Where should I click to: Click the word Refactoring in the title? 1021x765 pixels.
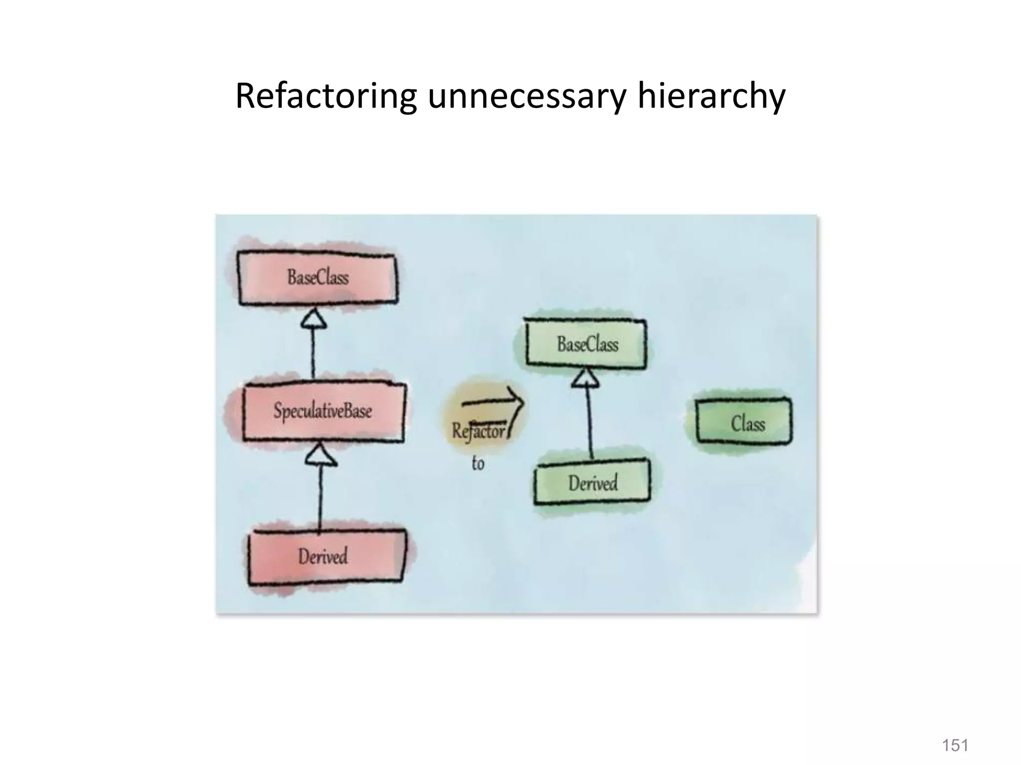[326, 96]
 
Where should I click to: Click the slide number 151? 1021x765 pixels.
[955, 746]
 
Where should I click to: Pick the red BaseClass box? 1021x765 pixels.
[318, 278]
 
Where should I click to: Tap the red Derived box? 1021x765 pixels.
[327, 556]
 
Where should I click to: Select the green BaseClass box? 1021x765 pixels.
[587, 344]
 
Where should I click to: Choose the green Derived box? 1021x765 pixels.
[592, 483]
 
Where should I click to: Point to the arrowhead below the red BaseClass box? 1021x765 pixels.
[314, 319]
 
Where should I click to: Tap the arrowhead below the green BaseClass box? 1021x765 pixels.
[585, 379]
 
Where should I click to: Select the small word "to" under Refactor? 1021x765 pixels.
[478, 464]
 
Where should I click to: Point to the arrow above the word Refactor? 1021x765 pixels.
[491, 401]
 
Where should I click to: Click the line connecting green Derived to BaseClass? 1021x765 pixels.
[590, 423]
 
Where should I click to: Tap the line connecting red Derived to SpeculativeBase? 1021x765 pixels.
[320, 498]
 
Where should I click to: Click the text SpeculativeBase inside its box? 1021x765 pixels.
[323, 412]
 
